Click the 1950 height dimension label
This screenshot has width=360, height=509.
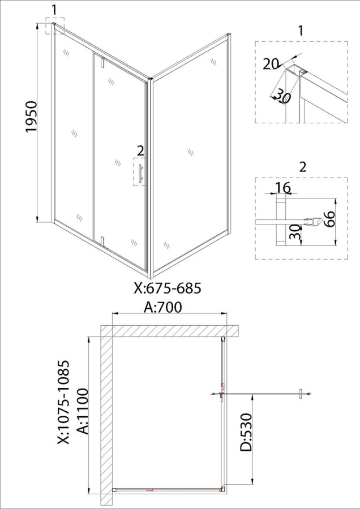32,117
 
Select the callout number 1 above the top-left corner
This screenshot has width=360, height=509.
54,10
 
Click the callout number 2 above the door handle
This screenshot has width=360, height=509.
140,150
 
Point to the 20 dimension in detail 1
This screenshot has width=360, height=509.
271,64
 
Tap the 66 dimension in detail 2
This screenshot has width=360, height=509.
328,220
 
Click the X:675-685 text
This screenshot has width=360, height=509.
168,288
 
